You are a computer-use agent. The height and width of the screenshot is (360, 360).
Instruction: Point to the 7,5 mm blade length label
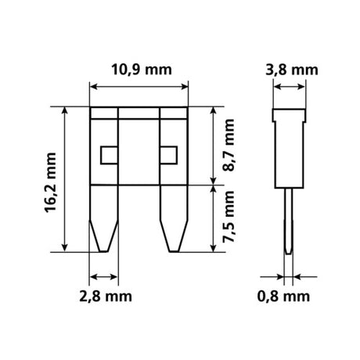[x=230, y=219]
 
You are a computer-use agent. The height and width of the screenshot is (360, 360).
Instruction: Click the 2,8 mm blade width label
[x=105, y=296]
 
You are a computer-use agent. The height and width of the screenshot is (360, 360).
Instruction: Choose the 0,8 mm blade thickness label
[x=290, y=296]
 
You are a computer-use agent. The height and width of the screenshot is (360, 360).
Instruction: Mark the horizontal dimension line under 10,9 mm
[x=141, y=86]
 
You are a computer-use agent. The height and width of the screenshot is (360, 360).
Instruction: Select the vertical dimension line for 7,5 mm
[x=213, y=219]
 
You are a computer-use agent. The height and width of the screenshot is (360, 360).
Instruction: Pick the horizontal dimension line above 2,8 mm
[x=105, y=276]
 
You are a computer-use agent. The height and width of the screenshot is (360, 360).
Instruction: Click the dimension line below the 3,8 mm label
[x=290, y=87]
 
